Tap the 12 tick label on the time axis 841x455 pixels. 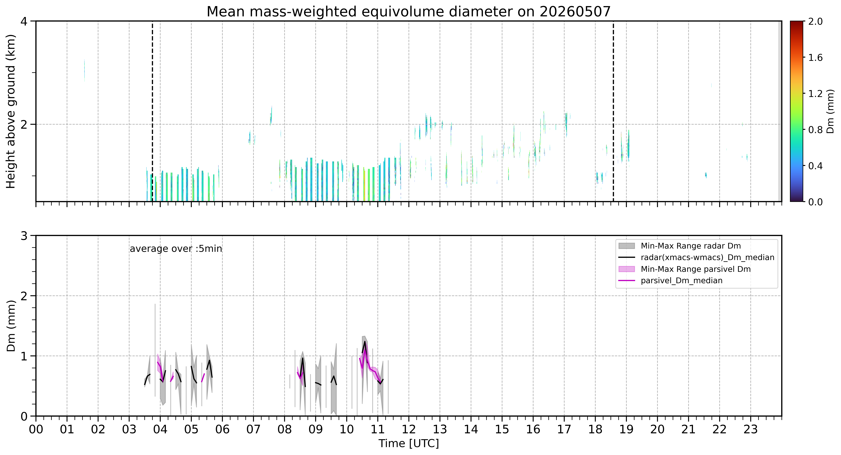[x=409, y=429]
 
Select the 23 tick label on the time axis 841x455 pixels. [x=751, y=429]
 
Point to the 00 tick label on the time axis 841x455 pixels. [x=36, y=429]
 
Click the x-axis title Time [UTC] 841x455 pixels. [x=409, y=444]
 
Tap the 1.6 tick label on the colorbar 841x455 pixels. [x=815, y=58]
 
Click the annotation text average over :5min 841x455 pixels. [x=176, y=249]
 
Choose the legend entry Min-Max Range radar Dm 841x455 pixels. [x=690, y=246]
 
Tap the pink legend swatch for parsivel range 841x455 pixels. [x=627, y=269]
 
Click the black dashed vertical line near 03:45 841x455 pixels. [x=152, y=111]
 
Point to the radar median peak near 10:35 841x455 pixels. [x=365, y=341]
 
